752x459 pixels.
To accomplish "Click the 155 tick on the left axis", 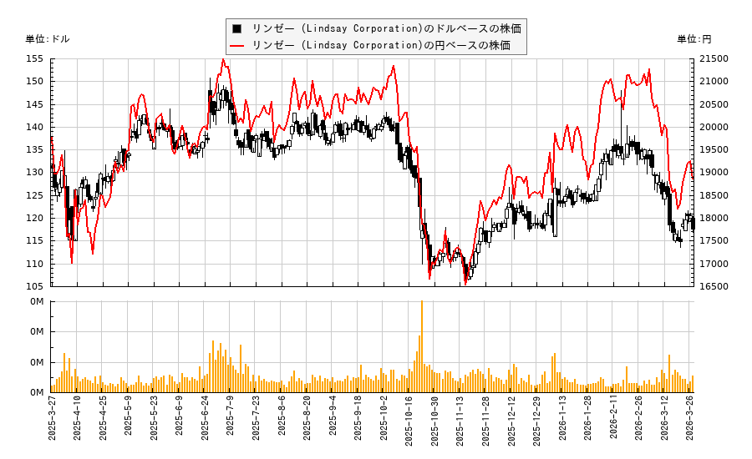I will [36, 59].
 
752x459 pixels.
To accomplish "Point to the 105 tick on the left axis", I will [36, 287].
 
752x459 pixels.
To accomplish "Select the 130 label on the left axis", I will [36, 173].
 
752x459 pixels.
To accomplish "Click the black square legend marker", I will [237, 28].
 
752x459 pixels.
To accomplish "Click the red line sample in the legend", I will [237, 45].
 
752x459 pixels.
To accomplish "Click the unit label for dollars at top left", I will [48, 39].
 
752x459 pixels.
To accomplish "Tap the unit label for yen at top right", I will [694, 39].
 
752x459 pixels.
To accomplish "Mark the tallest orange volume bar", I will [421, 346].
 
